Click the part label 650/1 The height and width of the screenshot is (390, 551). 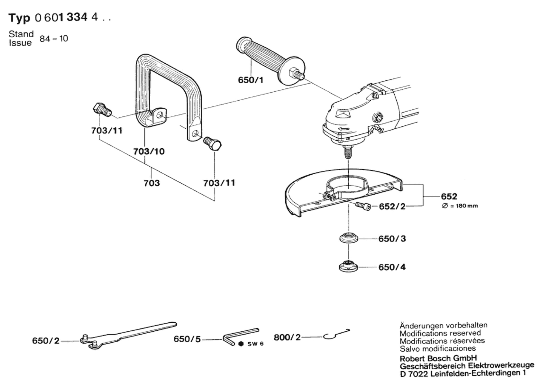(x=251, y=80)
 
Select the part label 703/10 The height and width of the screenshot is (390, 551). (x=149, y=151)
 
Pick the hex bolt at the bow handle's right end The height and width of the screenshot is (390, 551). (x=212, y=144)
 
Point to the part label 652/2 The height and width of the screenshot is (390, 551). (x=392, y=206)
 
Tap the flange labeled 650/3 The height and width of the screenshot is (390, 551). (x=349, y=237)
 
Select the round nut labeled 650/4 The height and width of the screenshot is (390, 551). (x=348, y=266)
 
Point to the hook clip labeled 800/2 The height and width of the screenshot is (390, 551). (x=337, y=334)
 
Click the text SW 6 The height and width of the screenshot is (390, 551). (x=255, y=344)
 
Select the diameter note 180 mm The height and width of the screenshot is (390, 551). (x=460, y=206)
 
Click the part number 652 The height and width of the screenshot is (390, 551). (x=449, y=196)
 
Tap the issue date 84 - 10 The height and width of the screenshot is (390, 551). (x=54, y=39)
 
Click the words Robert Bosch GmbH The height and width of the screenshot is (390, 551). (x=438, y=358)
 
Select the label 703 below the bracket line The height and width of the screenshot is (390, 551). (x=152, y=183)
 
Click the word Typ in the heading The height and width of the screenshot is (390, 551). (x=19, y=18)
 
